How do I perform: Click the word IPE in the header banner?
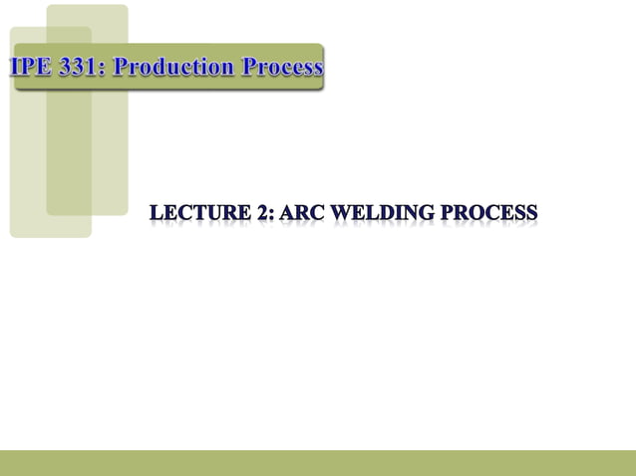click(34, 68)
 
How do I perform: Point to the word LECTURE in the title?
click(197, 213)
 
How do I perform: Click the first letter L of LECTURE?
click(157, 213)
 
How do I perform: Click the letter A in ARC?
click(288, 213)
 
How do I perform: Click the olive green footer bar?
click(318, 462)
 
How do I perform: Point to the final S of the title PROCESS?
click(532, 213)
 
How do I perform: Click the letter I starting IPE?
click(17, 68)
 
